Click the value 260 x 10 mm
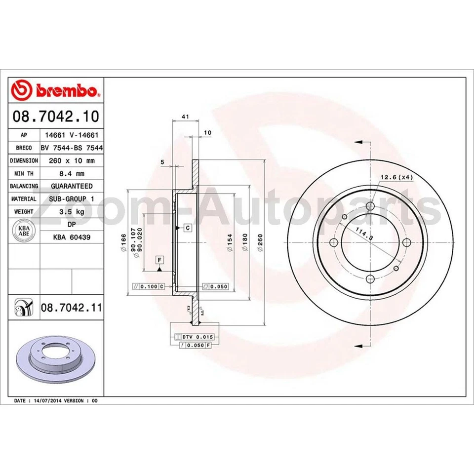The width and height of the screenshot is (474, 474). tap(73, 160)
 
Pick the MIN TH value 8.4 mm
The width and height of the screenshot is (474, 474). tap(73, 173)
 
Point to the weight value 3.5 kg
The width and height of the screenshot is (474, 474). tap(73, 211)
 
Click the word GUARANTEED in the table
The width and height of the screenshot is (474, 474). tap(72, 186)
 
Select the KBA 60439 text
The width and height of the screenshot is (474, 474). tap(72, 237)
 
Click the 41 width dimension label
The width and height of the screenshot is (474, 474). tap(185, 117)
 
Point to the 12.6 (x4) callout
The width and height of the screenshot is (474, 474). tap(396, 177)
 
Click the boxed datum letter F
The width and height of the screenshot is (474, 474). tap(159, 260)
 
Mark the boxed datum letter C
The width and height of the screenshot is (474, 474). tap(188, 228)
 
